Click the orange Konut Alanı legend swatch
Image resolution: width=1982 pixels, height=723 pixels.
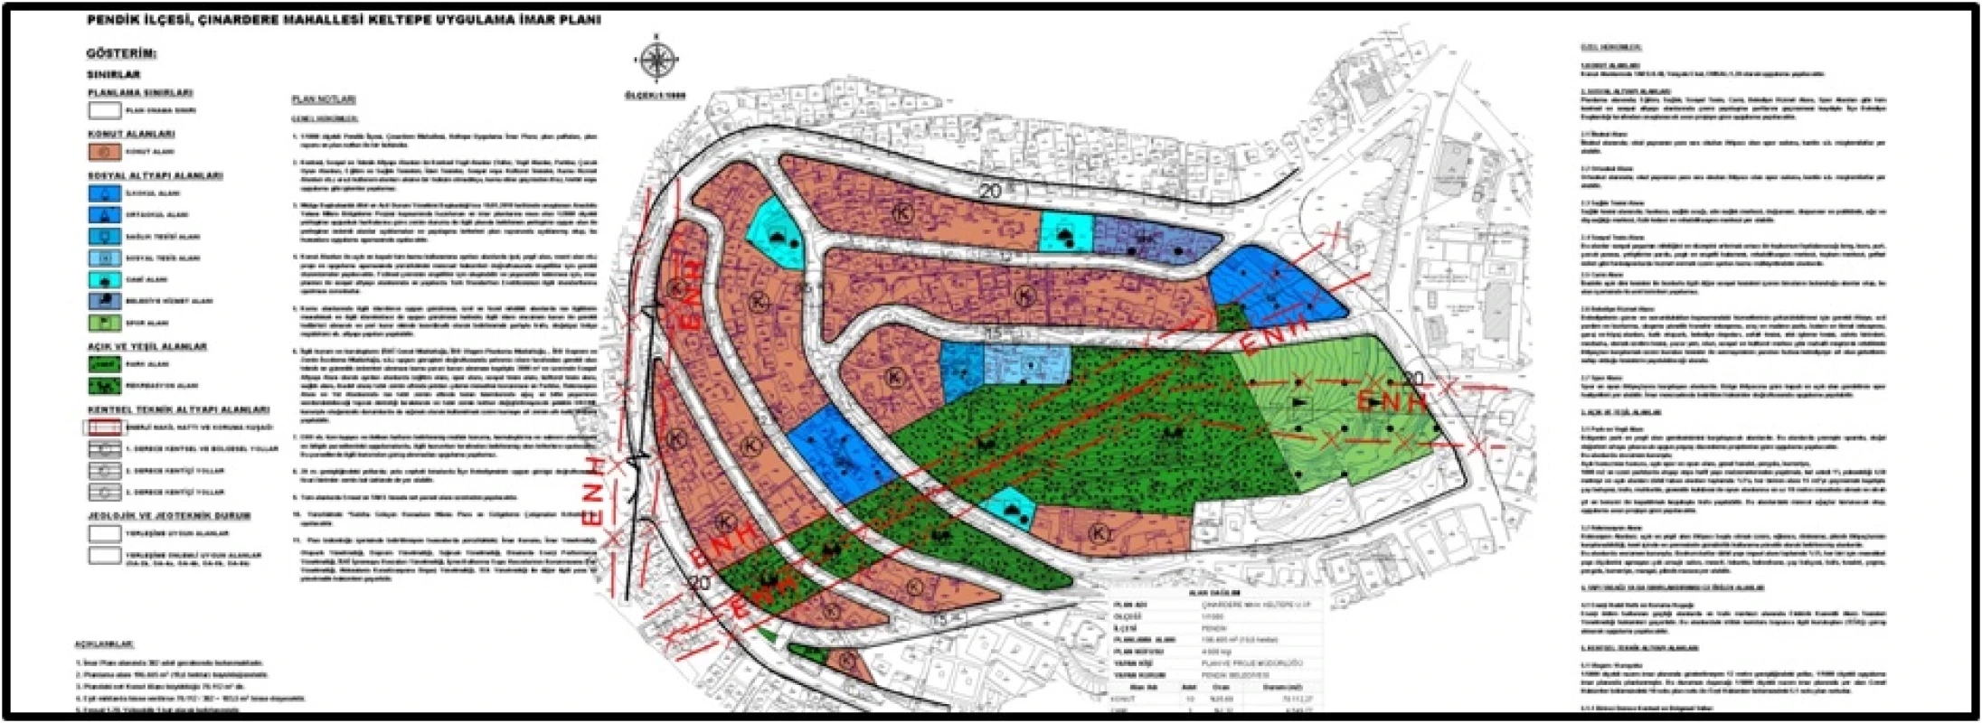[104, 152]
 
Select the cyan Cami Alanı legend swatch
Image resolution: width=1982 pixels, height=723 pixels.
[104, 279]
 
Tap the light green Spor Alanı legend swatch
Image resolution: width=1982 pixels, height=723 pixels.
[104, 323]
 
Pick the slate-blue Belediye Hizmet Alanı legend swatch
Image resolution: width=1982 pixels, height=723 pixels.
[104, 301]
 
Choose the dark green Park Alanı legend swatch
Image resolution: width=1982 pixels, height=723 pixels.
[104, 364]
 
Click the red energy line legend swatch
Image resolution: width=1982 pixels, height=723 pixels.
[104, 427]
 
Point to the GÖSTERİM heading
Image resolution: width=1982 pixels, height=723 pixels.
[121, 53]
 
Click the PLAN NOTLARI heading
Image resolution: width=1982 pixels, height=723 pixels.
[324, 99]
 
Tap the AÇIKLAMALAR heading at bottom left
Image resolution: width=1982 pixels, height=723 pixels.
[104, 644]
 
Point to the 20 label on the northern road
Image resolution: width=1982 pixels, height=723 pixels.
[990, 191]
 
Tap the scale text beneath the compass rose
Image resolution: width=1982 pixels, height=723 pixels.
[656, 95]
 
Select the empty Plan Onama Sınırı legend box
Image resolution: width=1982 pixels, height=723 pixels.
[104, 110]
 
